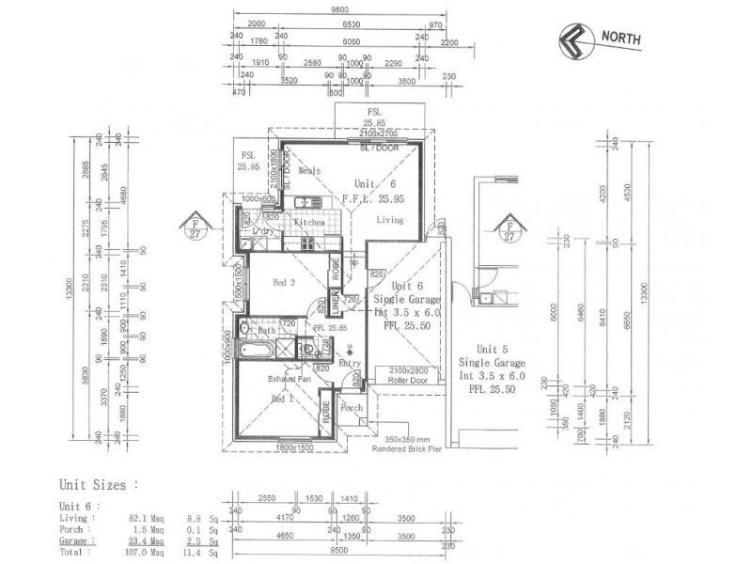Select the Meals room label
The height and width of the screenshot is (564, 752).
[x=309, y=171]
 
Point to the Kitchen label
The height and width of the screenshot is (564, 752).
[x=309, y=223]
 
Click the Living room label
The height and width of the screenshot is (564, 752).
[x=390, y=220]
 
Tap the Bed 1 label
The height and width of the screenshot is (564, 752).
[x=283, y=399]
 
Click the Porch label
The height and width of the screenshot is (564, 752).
[x=352, y=408]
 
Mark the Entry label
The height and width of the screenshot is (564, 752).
[x=350, y=363]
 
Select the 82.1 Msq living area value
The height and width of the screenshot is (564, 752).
[x=146, y=517]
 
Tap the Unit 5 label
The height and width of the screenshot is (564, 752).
[x=492, y=348]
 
